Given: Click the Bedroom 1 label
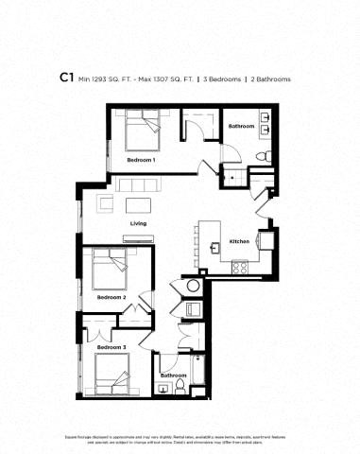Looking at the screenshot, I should pos(141,161).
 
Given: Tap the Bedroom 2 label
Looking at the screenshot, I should pos(111,297).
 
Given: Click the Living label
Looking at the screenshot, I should pos(138,223).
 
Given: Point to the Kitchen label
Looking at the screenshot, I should pos(240,242).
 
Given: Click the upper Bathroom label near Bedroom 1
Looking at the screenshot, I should pos(241,126).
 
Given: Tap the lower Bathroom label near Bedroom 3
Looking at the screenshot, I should pos(173,375).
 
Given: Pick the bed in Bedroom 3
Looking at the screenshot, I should pos(111,376).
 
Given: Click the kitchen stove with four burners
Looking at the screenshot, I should pos(240,267).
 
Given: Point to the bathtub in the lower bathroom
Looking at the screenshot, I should pos(199,373).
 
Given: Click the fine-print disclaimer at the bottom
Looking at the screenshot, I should pos(180,438).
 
